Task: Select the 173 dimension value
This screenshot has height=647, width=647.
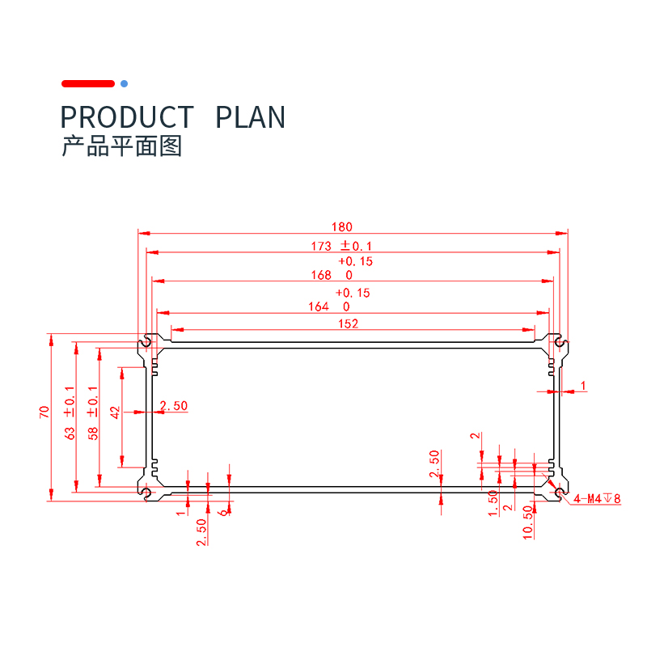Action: pos(321,246)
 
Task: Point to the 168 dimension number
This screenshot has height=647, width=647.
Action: pos(321,276)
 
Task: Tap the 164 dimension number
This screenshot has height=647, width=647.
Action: pos(319,307)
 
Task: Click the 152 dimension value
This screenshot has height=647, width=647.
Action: pos(349,323)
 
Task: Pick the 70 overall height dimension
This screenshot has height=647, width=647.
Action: pos(43,413)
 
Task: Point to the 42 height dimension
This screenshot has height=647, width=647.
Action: pos(115,412)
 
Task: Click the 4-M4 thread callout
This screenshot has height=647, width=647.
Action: pos(597,499)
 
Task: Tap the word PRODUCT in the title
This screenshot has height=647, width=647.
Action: pos(128,117)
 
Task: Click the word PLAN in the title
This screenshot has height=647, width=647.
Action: pos(251,117)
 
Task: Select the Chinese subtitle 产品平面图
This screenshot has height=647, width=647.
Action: pos(122,146)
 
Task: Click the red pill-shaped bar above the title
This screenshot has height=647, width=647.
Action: pos(88,83)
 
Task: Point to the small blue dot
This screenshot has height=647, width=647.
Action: pos(124,83)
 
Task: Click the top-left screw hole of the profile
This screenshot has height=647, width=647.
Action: pos(146,341)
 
